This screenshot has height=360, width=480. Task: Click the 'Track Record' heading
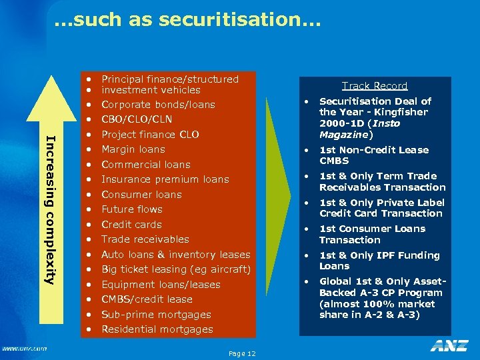[x=375, y=85]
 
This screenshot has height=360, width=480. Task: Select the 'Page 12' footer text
[x=241, y=353]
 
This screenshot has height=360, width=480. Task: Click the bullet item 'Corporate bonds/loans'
[x=158, y=105]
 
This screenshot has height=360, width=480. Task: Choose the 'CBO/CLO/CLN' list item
[x=137, y=119]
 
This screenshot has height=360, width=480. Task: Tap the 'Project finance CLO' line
[x=150, y=135]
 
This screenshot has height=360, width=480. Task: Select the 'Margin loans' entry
[x=133, y=149]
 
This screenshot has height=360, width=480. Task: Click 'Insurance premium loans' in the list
[x=165, y=179]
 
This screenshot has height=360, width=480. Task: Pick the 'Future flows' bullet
[x=131, y=209]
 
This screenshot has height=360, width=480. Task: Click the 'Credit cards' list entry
[x=131, y=225]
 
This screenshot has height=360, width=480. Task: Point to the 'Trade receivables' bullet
[x=145, y=239]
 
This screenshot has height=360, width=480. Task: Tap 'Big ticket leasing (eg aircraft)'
[x=175, y=269]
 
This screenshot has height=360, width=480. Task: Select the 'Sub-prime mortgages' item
[x=156, y=315]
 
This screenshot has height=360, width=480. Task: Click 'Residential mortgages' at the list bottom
[x=157, y=329]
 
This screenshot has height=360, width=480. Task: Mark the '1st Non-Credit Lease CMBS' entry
[x=373, y=155]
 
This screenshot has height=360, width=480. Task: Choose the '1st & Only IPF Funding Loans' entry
[x=379, y=260]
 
